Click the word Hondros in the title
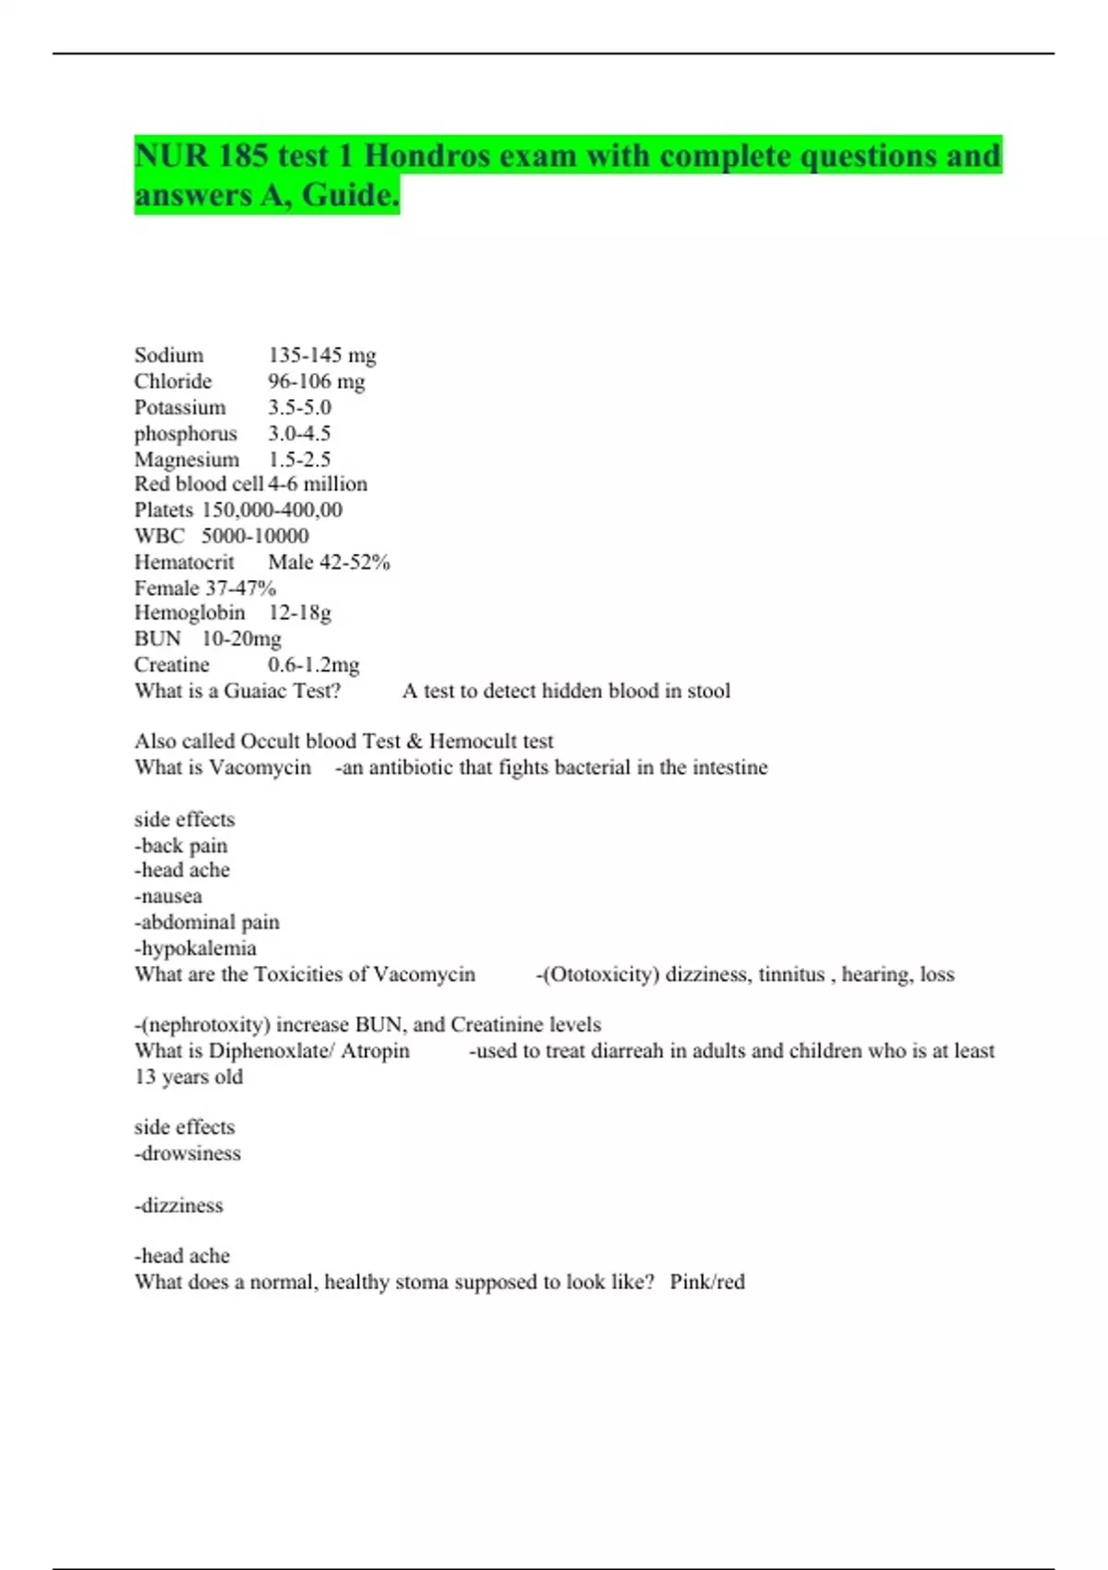[x=427, y=155]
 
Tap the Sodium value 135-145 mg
[x=321, y=356]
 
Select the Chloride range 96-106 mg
[x=316, y=381]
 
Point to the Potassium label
[x=179, y=407]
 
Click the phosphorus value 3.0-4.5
[x=299, y=433]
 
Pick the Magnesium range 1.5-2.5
[x=299, y=459]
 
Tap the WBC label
[x=159, y=536]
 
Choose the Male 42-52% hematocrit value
[x=329, y=562]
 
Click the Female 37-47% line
[x=204, y=587]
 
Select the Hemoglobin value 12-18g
[x=299, y=612]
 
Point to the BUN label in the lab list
[x=157, y=638]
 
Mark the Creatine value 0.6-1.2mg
[x=313, y=665]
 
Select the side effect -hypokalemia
[x=195, y=948]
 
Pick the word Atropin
[x=375, y=1051]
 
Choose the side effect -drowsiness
[x=187, y=1153]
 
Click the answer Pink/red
[x=707, y=1282]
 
